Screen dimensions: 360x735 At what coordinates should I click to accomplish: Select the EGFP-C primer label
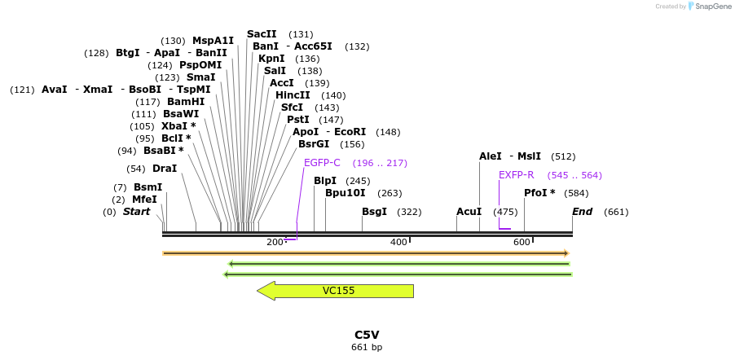322,163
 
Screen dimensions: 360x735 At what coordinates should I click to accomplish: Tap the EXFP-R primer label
517,174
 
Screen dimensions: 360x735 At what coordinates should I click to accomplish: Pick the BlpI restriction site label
325,181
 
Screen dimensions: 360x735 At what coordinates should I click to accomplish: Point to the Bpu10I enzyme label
345,193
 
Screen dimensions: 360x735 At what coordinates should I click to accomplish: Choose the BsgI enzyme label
375,212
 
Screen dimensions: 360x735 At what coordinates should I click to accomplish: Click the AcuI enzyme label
469,212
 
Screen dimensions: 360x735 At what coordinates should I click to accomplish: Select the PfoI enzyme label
539,193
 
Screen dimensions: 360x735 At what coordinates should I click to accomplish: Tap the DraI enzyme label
165,169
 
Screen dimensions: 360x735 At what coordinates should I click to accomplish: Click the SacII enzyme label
262,34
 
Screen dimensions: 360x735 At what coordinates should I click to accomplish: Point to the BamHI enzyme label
186,102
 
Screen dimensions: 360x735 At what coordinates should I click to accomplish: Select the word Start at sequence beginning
137,212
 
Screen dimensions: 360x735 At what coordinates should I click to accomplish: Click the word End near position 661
583,212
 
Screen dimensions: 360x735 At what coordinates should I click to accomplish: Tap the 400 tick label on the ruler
398,242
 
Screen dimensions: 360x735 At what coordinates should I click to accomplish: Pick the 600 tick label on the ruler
522,242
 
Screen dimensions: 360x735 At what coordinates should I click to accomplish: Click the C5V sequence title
367,335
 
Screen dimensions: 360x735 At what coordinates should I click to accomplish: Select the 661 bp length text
367,348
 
